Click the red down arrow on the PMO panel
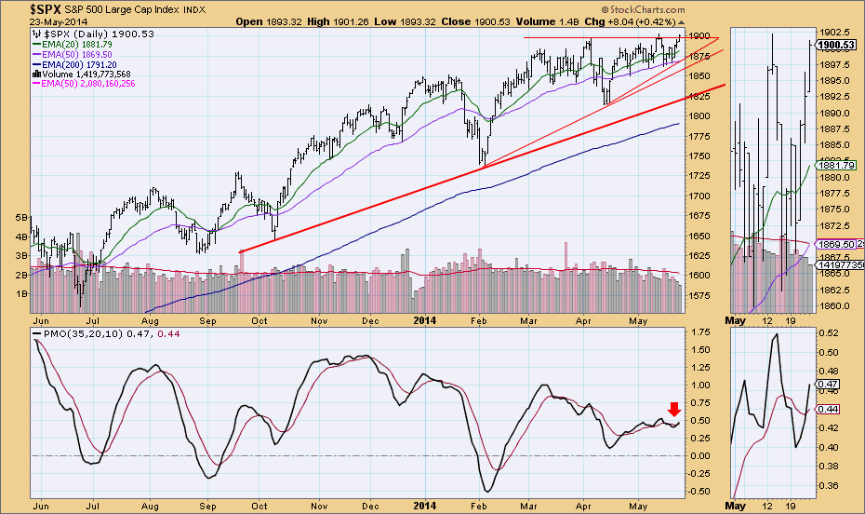(x=675, y=407)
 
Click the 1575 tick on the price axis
(x=699, y=296)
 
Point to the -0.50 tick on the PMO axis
(x=699, y=491)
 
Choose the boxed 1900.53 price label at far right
(x=838, y=44)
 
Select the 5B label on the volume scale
(x=20, y=217)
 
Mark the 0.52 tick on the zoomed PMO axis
(x=829, y=333)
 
